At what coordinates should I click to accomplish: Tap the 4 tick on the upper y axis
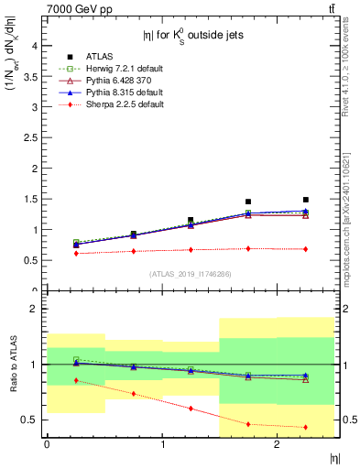click(33, 45)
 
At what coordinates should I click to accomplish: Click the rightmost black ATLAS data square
click(306, 200)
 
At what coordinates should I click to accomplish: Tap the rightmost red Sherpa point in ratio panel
click(306, 427)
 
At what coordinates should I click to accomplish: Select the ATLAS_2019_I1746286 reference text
click(190, 274)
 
